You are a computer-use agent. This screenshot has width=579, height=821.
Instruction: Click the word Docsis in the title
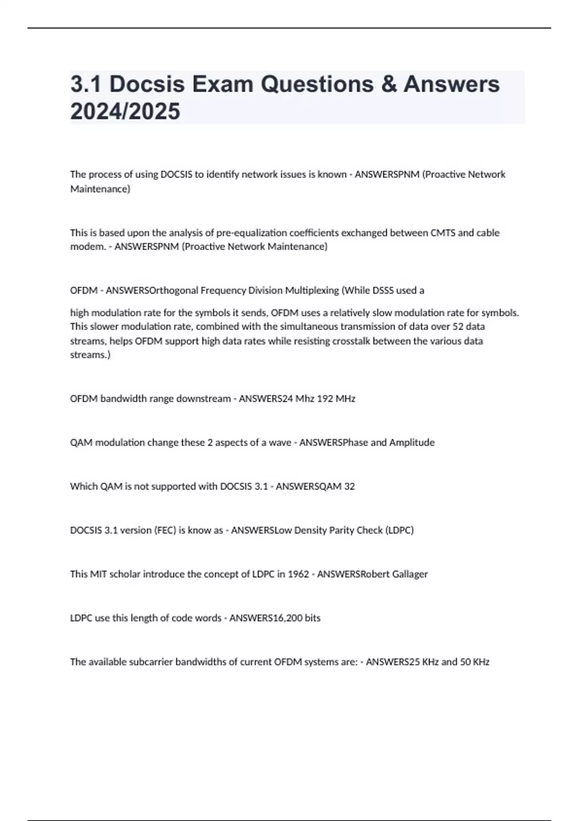(147, 84)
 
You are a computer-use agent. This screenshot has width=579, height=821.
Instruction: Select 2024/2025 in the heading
(125, 111)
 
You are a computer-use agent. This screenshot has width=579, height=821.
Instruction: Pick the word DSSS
(383, 290)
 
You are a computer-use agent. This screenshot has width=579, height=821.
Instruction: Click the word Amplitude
(412, 442)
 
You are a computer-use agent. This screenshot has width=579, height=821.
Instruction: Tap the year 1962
(298, 574)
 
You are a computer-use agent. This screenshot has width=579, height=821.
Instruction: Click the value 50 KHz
(475, 662)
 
